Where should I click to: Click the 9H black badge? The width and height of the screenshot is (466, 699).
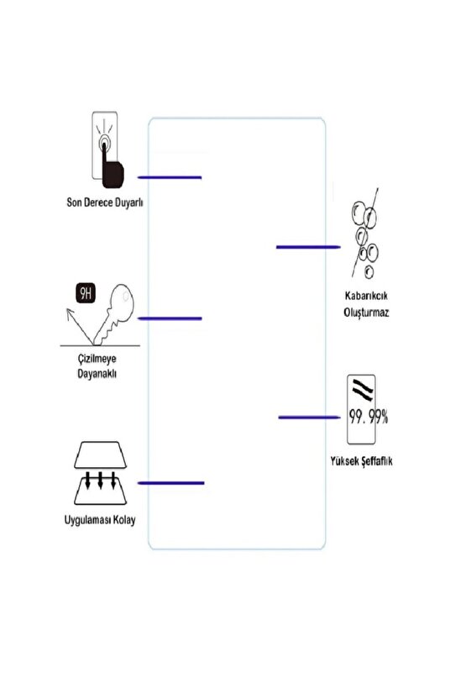(x=86, y=293)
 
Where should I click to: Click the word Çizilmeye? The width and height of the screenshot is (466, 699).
(x=92, y=360)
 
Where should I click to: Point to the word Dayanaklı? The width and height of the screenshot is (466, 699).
(x=92, y=373)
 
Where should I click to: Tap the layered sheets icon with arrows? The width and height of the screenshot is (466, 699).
(x=100, y=473)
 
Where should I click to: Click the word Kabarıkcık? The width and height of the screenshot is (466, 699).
(x=364, y=297)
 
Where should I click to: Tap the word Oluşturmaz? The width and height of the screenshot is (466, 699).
(x=364, y=312)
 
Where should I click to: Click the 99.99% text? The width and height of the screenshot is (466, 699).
(x=367, y=416)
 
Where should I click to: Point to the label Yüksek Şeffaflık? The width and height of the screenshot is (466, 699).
(x=362, y=462)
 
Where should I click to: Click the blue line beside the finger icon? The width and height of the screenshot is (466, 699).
(x=170, y=177)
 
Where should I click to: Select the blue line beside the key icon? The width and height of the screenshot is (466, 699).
(x=170, y=318)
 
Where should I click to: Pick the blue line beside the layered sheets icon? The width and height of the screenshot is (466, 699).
(x=170, y=483)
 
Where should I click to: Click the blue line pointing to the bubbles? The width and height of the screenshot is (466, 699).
(x=307, y=247)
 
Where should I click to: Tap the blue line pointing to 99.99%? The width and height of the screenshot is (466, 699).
(x=308, y=417)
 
